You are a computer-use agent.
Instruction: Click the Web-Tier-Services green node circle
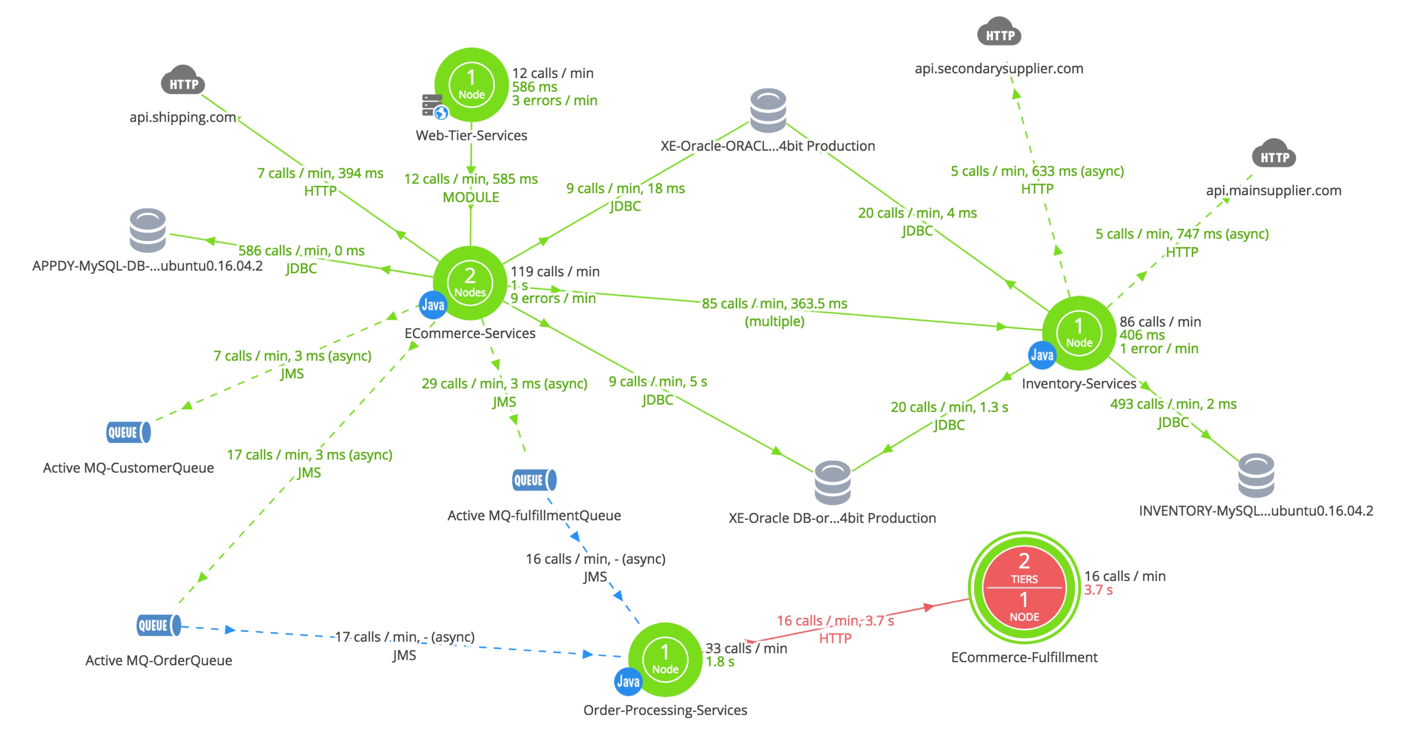(472, 85)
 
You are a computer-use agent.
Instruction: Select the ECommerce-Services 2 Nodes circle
(470, 283)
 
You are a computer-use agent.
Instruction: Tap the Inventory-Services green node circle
(1079, 333)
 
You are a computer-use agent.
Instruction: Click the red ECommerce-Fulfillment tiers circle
(1024, 587)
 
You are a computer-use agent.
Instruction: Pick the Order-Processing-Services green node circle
(665, 659)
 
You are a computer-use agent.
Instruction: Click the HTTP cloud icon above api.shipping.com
(183, 81)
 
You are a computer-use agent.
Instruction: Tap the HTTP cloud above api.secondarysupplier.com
(999, 32)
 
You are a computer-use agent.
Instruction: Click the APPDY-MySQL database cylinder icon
(148, 230)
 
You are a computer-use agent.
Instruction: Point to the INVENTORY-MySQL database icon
(1256, 475)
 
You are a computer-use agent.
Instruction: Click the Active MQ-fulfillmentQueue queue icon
(535, 480)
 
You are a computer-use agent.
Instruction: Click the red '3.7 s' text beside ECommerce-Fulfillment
(1098, 590)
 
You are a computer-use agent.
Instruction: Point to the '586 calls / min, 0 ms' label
(301, 251)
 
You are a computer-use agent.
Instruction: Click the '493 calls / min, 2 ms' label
(1173, 404)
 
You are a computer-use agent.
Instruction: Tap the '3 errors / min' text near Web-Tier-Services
(555, 100)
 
